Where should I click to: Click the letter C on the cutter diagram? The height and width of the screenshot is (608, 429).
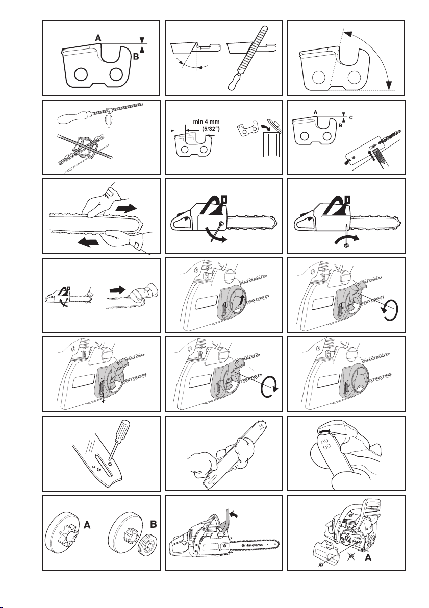pyautogui.click(x=351, y=116)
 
